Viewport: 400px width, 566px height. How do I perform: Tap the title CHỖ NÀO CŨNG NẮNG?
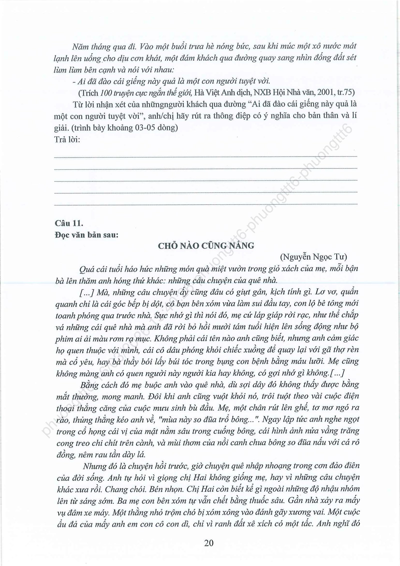pos(206,246)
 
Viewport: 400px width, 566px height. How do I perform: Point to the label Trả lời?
pos(67,139)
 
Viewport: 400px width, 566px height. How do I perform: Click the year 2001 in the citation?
pos(323,92)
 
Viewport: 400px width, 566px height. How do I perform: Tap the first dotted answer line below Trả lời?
pos(205,157)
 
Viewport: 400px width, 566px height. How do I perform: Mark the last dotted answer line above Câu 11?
pos(205,205)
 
